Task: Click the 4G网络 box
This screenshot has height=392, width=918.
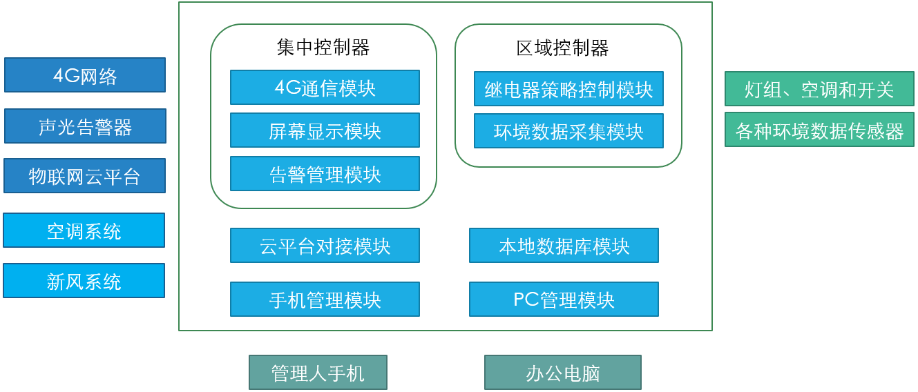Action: click(x=85, y=75)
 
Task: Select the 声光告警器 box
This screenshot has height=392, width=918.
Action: click(x=85, y=126)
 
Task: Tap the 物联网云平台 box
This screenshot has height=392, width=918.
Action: click(x=84, y=176)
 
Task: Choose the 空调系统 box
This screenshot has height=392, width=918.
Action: click(x=84, y=231)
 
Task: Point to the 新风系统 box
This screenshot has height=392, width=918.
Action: click(x=84, y=281)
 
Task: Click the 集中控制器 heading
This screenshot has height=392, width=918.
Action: click(x=323, y=48)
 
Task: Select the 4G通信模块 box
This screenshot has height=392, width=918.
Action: click(x=325, y=88)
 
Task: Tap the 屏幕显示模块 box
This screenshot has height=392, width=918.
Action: click(x=325, y=130)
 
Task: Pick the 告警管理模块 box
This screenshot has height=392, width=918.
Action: click(x=325, y=174)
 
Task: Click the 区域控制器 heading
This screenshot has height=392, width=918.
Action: click(x=562, y=48)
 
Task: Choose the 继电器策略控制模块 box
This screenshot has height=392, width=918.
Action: click(x=568, y=89)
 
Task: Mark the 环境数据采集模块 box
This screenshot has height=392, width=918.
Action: click(x=568, y=131)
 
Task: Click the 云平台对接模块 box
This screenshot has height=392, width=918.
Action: click(x=325, y=246)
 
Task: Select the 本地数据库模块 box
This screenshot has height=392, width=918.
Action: click(x=564, y=246)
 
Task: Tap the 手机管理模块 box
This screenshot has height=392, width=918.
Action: click(x=325, y=300)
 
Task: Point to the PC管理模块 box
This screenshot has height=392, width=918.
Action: click(x=564, y=300)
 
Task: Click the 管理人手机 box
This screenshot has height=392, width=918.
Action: click(x=318, y=373)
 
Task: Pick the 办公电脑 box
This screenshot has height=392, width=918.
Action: click(x=563, y=373)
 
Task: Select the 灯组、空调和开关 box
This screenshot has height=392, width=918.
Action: click(x=819, y=89)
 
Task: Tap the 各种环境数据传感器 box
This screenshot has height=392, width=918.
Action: click(x=819, y=130)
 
